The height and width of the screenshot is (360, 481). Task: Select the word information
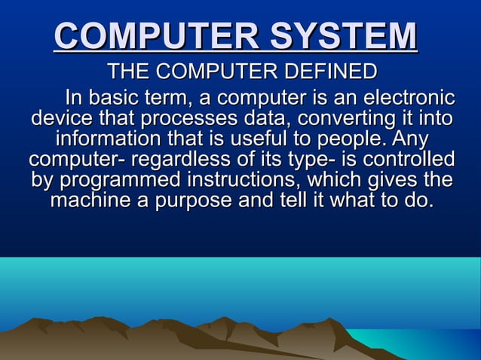coord(107,139)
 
